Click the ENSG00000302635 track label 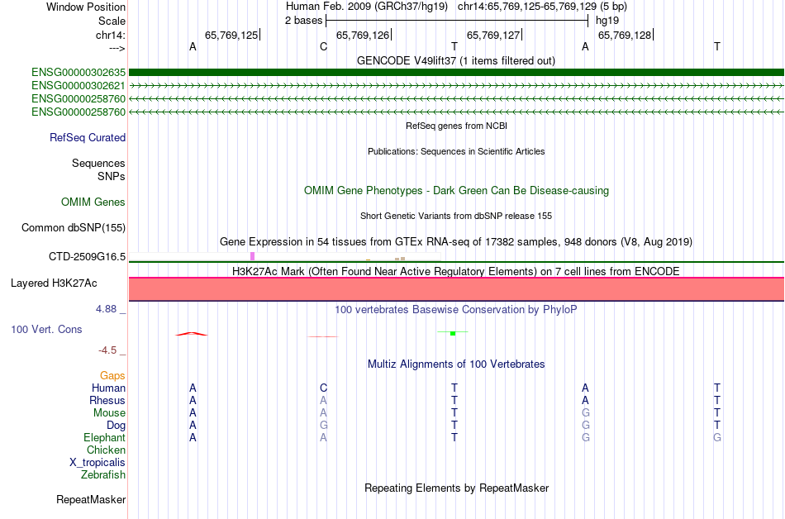click(78, 73)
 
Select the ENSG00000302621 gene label click(78, 86)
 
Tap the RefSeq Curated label click(88, 138)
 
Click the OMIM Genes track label click(93, 202)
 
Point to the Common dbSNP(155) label click(74, 228)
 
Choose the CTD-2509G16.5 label click(87, 257)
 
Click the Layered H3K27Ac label click(54, 283)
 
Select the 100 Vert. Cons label click(46, 329)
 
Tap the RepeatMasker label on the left click(91, 499)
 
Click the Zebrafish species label click(103, 474)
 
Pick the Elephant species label click(105, 437)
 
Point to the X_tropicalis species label click(98, 463)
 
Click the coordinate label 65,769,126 click(363, 35)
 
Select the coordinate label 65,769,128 click(625, 35)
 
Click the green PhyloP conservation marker click(453, 333)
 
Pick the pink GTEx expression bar click(252, 256)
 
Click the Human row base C click(323, 388)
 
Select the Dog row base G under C click(323, 425)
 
